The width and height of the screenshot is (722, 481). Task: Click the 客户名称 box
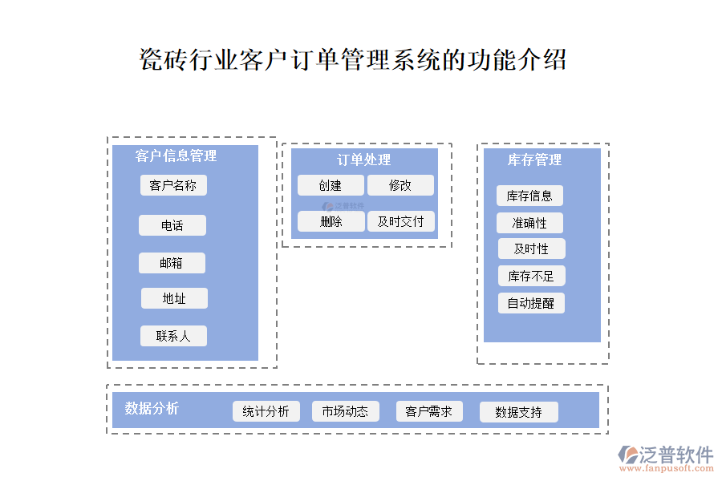(172, 185)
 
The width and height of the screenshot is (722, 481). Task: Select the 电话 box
(172, 225)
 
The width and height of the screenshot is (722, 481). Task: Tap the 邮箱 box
(171, 263)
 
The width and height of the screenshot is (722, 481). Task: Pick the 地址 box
(174, 298)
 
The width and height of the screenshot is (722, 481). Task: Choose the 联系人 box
(173, 336)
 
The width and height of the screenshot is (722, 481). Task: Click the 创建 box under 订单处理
(330, 185)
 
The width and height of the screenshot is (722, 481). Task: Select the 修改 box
(400, 185)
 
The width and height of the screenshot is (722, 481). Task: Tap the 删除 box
(331, 221)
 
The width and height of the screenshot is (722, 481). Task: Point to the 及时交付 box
(400, 221)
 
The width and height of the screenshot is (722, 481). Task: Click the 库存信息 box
(529, 196)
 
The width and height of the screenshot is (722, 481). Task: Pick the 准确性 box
(529, 222)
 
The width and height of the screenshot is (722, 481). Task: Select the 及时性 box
(531, 249)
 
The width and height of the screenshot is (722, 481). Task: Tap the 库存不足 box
(531, 276)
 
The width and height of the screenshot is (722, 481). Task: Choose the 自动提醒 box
(530, 303)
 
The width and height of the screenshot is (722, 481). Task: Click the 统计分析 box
(266, 411)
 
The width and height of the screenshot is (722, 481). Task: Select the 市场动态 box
(345, 411)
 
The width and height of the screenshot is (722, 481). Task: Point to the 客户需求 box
(429, 411)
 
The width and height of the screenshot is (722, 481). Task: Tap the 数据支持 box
(518, 412)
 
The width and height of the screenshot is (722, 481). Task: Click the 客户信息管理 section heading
(176, 156)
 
